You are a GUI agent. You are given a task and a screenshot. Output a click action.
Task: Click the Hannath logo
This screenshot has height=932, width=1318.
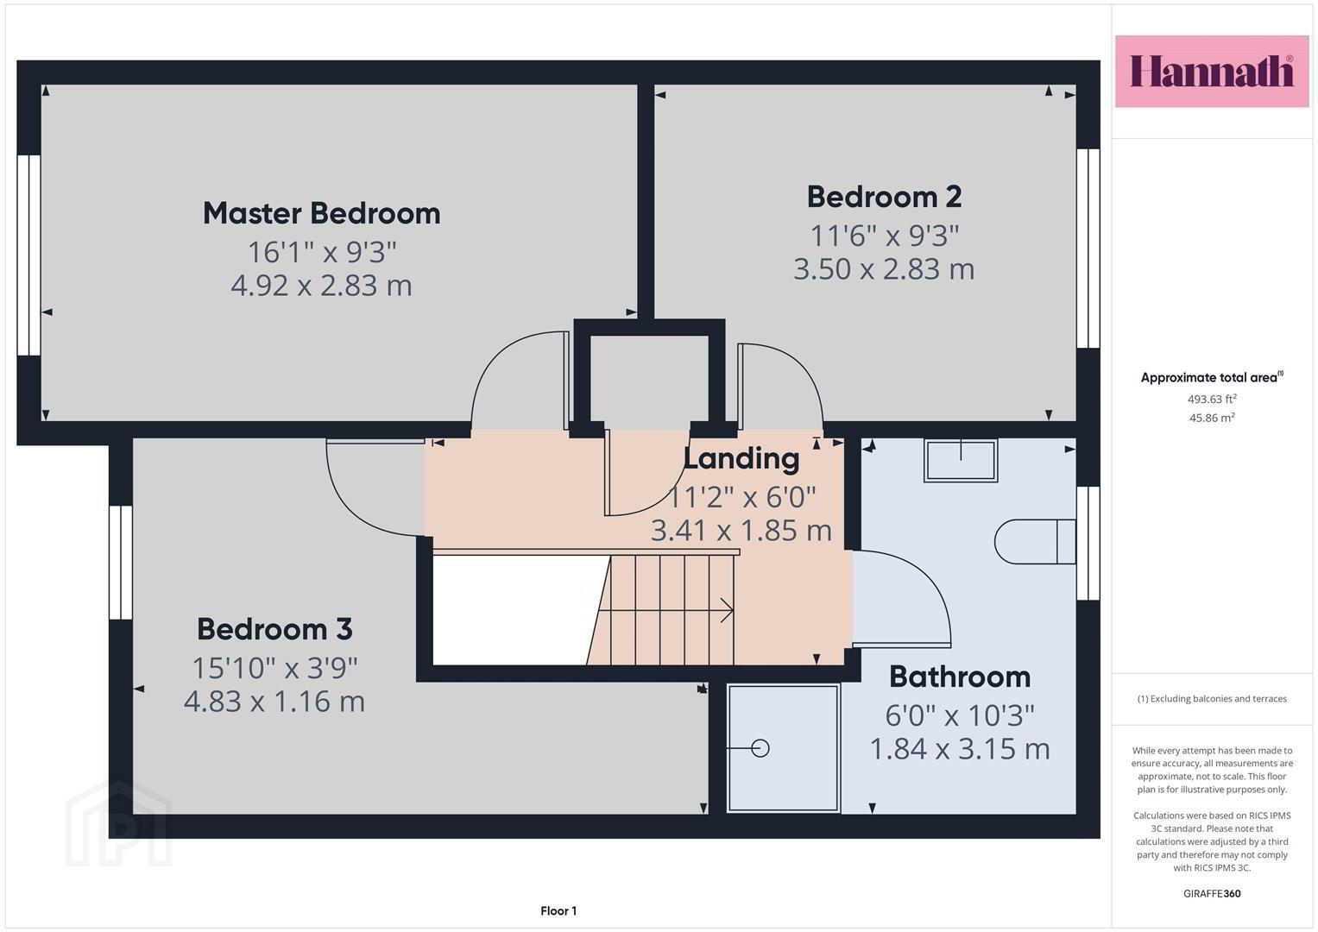pos(1212,71)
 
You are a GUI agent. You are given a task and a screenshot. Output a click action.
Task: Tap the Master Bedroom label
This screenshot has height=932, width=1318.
pos(322,213)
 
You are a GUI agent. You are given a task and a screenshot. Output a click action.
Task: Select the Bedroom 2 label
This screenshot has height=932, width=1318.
pos(884,197)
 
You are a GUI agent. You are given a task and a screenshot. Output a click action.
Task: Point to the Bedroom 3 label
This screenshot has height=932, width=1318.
pos(274,629)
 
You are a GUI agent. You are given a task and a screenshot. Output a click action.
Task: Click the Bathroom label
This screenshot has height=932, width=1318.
pos(960,677)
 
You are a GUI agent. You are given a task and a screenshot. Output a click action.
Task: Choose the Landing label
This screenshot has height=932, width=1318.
pos(741,459)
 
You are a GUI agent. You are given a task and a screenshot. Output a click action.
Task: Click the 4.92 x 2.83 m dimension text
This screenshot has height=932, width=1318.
pos(321,286)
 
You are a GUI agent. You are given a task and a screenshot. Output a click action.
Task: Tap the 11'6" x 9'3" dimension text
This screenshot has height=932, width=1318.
pos(885,236)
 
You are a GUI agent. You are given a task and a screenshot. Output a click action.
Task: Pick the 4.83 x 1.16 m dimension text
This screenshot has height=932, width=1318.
pos(274,702)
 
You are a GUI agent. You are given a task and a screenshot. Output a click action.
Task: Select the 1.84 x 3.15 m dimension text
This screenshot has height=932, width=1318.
pos(960,749)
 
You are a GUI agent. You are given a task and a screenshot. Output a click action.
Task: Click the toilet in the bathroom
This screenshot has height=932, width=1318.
pos(1035,541)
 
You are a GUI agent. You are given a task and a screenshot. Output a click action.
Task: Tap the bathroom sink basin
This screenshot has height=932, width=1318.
pos(961,460)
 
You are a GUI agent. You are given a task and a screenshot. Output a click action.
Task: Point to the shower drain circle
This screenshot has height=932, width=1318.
pos(760,748)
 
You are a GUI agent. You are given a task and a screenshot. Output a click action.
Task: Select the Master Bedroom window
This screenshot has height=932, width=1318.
pos(28,255)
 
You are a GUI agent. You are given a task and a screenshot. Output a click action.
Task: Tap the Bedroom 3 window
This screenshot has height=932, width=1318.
pos(121,562)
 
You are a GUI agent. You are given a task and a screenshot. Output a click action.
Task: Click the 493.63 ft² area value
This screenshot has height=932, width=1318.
pos(1212,399)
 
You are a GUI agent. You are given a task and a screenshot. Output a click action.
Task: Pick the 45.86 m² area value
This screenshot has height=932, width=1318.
pos(1212,418)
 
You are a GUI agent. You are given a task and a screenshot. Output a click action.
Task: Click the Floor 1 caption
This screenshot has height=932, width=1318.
pos(558,910)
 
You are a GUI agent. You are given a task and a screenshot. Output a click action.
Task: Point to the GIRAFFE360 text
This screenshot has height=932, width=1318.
pos(1212,893)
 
